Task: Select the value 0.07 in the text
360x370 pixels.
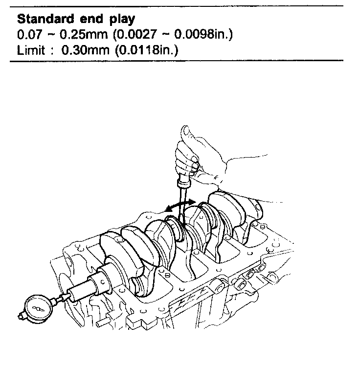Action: (26, 36)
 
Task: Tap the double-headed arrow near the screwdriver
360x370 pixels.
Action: (180, 205)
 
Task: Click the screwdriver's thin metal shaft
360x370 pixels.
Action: (181, 210)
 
